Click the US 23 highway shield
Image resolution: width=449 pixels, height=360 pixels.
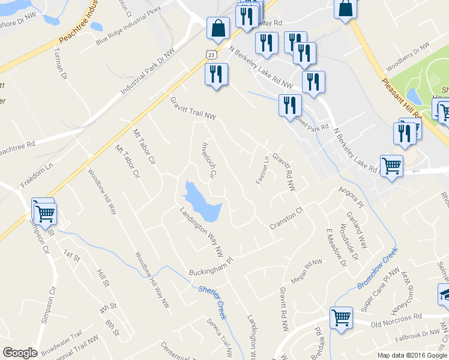210,54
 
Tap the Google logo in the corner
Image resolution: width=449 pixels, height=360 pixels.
20,353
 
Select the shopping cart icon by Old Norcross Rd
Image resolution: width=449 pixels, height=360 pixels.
341,316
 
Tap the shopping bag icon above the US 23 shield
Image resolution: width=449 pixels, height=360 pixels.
217,28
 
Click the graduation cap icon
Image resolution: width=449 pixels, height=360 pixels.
445,294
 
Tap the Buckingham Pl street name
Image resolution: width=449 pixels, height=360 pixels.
210,265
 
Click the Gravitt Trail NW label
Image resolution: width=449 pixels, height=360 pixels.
192,108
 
